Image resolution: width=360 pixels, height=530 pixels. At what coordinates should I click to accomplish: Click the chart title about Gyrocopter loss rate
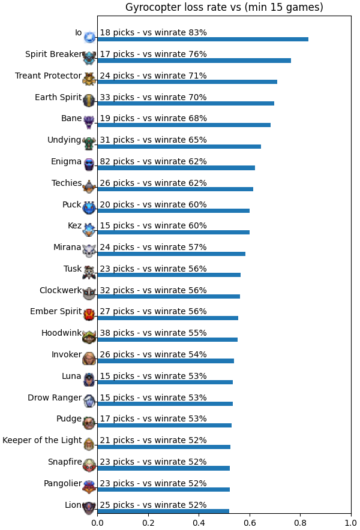(x=224, y=7)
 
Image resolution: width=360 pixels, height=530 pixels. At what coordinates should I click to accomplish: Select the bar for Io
(x=203, y=39)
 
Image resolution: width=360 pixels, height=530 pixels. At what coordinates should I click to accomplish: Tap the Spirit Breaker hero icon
(x=89, y=58)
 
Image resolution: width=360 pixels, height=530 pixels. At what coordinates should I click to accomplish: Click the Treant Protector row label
(x=49, y=76)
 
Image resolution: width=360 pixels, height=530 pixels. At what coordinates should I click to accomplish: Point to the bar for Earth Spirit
(x=186, y=104)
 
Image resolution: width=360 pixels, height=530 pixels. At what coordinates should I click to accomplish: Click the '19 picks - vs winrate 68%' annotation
(x=153, y=118)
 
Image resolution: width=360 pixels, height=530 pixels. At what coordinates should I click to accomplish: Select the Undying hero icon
(x=89, y=144)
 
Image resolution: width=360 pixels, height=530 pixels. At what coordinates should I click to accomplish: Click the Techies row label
(x=67, y=183)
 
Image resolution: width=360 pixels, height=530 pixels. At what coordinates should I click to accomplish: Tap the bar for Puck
(x=173, y=210)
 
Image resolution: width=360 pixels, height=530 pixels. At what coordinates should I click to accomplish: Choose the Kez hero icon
(x=89, y=230)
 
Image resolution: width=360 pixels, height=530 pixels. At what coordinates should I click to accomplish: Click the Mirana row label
(x=67, y=248)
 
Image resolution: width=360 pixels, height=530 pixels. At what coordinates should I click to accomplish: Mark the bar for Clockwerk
(x=169, y=296)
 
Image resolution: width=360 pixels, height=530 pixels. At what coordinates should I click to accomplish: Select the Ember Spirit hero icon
(x=89, y=315)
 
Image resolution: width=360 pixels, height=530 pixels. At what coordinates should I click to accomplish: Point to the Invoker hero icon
(x=89, y=359)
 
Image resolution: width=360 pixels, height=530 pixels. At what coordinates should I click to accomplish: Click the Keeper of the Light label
(x=42, y=441)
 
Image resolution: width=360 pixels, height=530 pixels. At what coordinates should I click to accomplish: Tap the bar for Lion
(x=163, y=511)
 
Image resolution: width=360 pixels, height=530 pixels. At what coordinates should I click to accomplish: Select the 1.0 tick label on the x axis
(x=351, y=523)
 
